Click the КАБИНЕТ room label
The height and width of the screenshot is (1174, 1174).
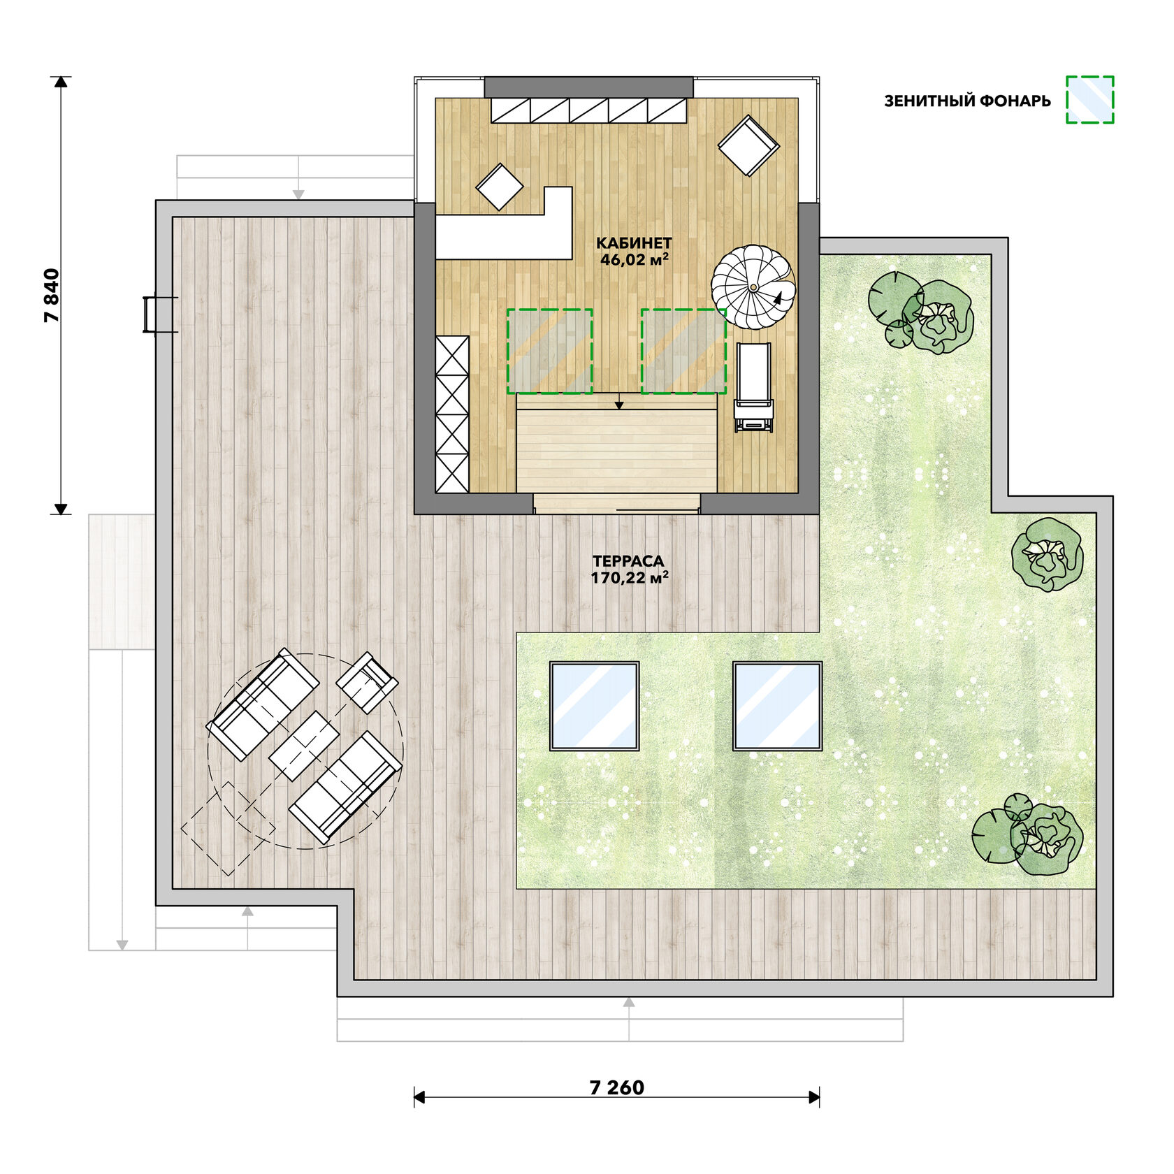(x=634, y=243)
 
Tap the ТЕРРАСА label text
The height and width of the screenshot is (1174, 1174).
(x=628, y=561)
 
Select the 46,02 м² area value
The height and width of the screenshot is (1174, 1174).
(x=635, y=260)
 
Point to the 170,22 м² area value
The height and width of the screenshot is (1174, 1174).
(x=630, y=578)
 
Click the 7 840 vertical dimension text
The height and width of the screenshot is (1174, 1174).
(x=52, y=295)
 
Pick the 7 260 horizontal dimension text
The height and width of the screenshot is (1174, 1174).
(x=617, y=1087)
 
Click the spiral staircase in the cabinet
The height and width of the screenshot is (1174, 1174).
(x=753, y=287)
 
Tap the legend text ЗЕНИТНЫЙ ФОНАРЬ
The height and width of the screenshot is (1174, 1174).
(x=967, y=101)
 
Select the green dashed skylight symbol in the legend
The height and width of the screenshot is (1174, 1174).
(x=1089, y=100)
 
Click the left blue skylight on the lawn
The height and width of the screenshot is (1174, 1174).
(x=595, y=706)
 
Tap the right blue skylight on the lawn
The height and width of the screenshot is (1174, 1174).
(x=777, y=706)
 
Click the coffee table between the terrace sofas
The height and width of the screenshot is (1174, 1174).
(x=304, y=746)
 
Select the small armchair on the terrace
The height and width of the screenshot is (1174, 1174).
(x=368, y=681)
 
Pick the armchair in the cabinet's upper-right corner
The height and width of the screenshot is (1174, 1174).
(x=748, y=145)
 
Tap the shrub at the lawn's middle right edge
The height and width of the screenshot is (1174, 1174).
(x=1048, y=555)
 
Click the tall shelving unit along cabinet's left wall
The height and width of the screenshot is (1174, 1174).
(x=452, y=414)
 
